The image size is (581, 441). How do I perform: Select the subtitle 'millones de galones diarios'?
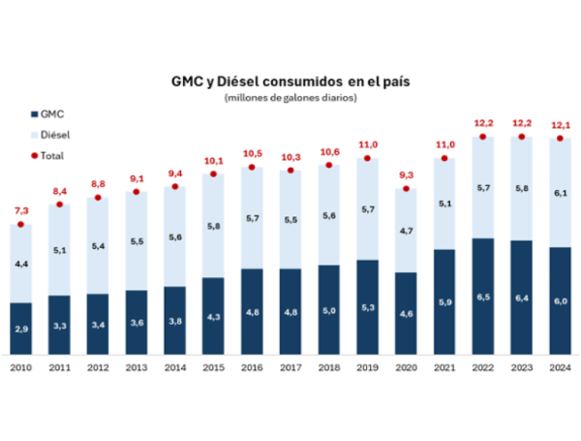point(290,98)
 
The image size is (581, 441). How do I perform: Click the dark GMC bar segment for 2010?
point(21,330)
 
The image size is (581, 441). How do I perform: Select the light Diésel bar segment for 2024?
point(559,194)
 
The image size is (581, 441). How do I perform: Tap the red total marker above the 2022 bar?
point(482,137)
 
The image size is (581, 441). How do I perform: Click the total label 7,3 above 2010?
point(21,210)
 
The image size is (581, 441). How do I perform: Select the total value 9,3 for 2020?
point(405,173)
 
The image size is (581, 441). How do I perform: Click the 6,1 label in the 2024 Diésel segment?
point(559,193)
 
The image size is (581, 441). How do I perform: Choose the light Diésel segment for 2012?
point(98,245)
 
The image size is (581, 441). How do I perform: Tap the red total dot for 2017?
point(290,171)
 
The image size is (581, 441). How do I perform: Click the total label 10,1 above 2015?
point(213,160)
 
